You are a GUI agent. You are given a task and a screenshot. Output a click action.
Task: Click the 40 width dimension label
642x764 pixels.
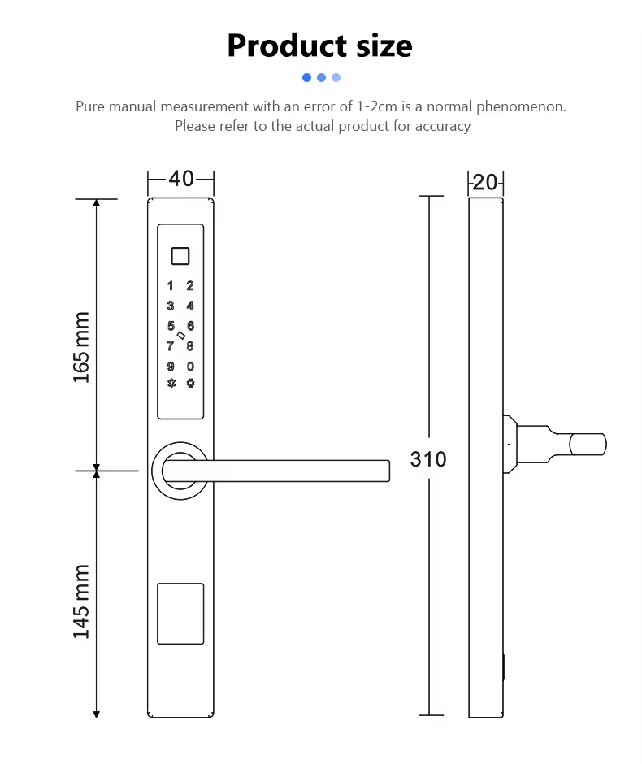point(181,179)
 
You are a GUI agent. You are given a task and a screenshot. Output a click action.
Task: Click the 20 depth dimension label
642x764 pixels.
point(484,183)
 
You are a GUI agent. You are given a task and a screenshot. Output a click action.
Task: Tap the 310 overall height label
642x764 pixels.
point(428,459)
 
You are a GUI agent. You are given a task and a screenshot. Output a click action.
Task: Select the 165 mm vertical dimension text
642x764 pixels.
point(82,347)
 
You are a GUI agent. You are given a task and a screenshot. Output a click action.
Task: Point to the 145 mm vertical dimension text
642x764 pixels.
point(82,601)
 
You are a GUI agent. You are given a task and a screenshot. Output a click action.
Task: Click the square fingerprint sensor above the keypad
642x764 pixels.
point(180,256)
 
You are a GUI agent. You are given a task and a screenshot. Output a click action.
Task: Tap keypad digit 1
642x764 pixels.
point(171,286)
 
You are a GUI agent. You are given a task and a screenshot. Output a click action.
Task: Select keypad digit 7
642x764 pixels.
point(171,346)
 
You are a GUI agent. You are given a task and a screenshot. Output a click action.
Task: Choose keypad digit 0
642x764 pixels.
point(190,367)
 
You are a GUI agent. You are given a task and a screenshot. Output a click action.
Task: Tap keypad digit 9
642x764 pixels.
point(171,367)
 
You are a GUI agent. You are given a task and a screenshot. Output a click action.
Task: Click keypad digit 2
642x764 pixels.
point(190,286)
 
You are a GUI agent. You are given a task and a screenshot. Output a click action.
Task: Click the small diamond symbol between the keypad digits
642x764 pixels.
point(180,336)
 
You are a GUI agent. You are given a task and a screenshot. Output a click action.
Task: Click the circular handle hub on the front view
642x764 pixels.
point(180,470)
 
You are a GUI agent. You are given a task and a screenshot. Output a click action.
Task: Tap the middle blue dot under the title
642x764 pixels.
point(322,78)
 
